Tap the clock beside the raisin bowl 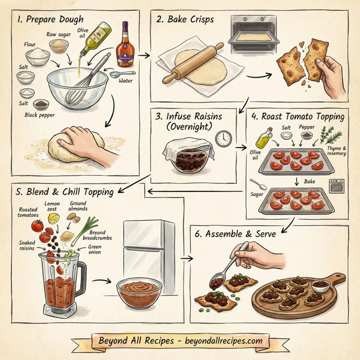[x=224, y=139]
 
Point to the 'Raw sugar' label [x=59, y=35]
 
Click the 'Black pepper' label [x=39, y=114]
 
